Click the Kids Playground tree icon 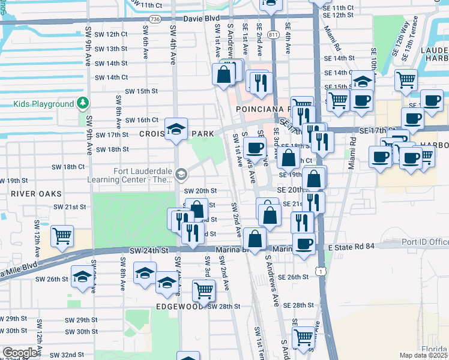click(x=83, y=104)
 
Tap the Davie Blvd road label click(x=202, y=19)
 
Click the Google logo click(x=20, y=353)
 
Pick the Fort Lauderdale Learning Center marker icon click(x=182, y=175)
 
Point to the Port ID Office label click(x=426, y=242)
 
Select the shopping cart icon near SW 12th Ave click(x=62, y=236)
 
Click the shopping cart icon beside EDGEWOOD click(x=203, y=290)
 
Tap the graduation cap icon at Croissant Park click(x=176, y=129)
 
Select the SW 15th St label click(x=141, y=91)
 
